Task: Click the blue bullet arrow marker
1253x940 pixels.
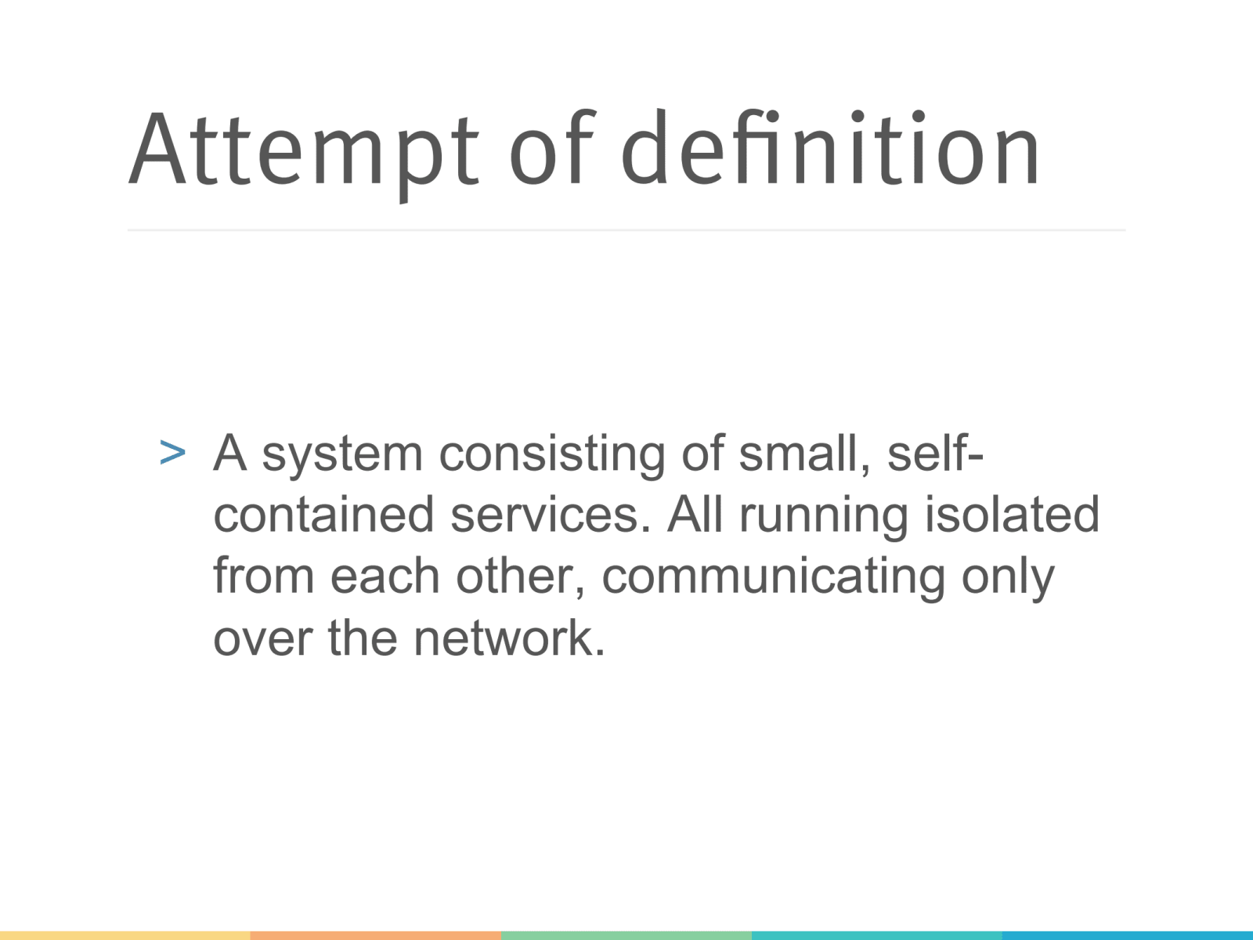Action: [172, 453]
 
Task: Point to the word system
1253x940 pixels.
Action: [341, 454]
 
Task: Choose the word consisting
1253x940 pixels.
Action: [551, 454]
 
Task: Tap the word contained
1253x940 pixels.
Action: [323, 515]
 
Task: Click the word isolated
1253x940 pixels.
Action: [1012, 515]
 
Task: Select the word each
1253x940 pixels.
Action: [385, 576]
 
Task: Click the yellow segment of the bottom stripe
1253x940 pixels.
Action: [125, 935]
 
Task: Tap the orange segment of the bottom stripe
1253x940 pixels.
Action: [376, 935]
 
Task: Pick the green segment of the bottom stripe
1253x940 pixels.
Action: [626, 935]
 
